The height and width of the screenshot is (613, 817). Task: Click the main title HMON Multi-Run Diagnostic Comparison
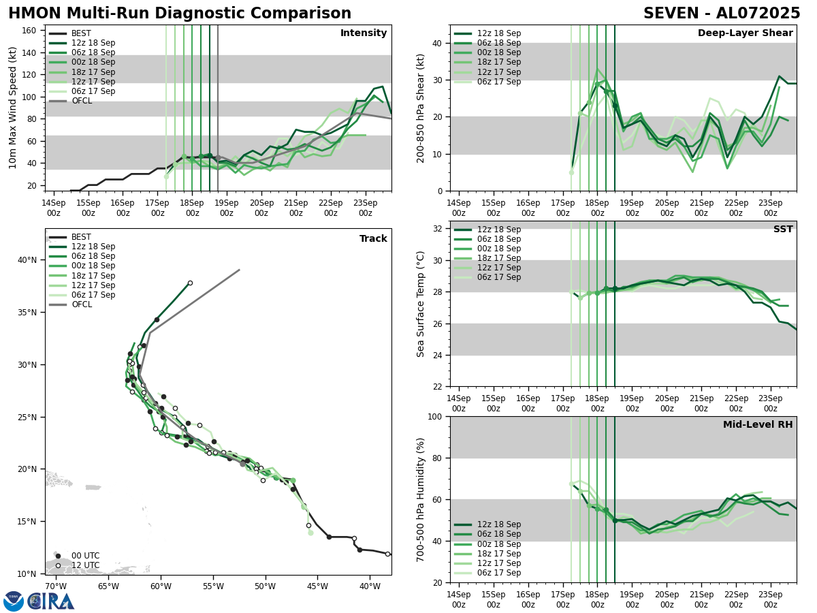(180, 14)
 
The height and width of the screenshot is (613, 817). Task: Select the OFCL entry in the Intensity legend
(82, 101)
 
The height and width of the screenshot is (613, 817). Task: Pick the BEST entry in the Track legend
(81, 237)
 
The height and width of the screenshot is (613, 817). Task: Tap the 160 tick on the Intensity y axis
(31, 31)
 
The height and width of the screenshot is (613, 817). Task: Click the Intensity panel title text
(364, 33)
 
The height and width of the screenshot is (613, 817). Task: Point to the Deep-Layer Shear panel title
(745, 33)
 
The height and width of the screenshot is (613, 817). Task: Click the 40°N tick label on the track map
(27, 260)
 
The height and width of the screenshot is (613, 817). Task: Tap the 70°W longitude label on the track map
(56, 586)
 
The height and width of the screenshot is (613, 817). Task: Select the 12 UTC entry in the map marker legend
(85, 565)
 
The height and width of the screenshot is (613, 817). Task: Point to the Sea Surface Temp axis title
(421, 304)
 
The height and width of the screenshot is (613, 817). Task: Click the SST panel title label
(783, 230)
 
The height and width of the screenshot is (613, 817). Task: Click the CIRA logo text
(51, 601)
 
